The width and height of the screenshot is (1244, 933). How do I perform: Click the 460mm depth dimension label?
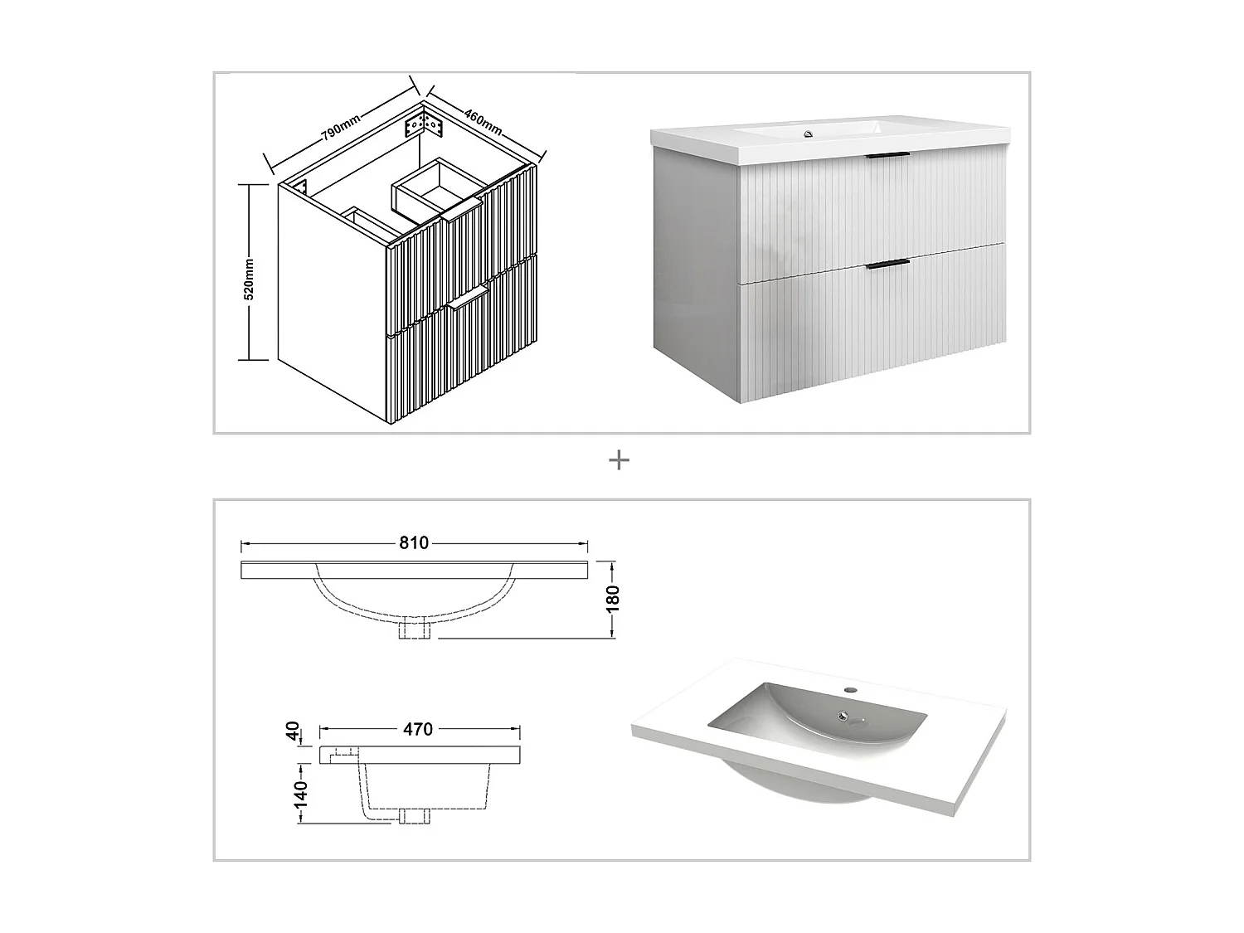[x=482, y=121]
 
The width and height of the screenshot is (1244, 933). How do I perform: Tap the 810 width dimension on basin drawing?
[x=414, y=543]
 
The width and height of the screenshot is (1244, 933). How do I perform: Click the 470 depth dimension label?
[x=418, y=730]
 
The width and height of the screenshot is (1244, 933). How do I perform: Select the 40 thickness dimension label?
[x=293, y=732]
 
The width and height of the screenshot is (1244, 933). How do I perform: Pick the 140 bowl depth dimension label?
[x=299, y=795]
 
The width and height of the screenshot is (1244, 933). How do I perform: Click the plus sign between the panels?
[x=619, y=460]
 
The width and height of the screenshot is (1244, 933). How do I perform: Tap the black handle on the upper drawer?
[x=887, y=156]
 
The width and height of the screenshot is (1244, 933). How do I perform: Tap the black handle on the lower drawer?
[x=887, y=265]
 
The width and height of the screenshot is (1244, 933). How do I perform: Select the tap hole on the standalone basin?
[x=850, y=690]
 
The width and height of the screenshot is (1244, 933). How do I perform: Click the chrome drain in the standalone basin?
[x=844, y=715]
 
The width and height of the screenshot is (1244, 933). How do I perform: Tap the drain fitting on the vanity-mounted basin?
[x=805, y=131]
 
